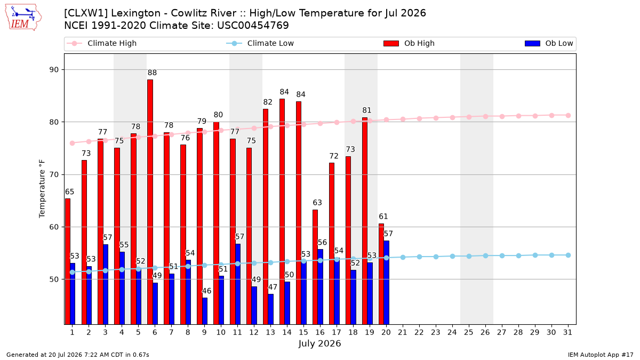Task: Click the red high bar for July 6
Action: click(x=150, y=202)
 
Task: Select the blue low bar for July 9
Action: click(x=205, y=311)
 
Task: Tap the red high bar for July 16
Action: click(x=315, y=267)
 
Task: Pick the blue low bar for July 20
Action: click(x=387, y=283)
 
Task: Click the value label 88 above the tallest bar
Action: click(x=153, y=73)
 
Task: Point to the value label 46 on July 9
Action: click(x=206, y=291)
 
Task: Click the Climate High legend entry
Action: click(x=102, y=43)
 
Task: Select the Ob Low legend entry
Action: click(x=549, y=43)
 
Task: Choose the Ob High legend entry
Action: click(x=409, y=43)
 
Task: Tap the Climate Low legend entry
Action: click(x=260, y=43)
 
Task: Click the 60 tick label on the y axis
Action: click(x=54, y=227)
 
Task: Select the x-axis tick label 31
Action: click(x=567, y=333)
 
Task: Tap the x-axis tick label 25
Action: click(x=469, y=333)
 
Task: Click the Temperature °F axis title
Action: click(x=42, y=189)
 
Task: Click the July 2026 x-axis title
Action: click(x=319, y=343)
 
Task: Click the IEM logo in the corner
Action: click(x=23, y=18)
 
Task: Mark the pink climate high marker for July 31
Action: click(x=568, y=115)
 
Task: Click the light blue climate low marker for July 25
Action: click(x=469, y=257)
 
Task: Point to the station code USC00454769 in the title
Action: click(x=253, y=26)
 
